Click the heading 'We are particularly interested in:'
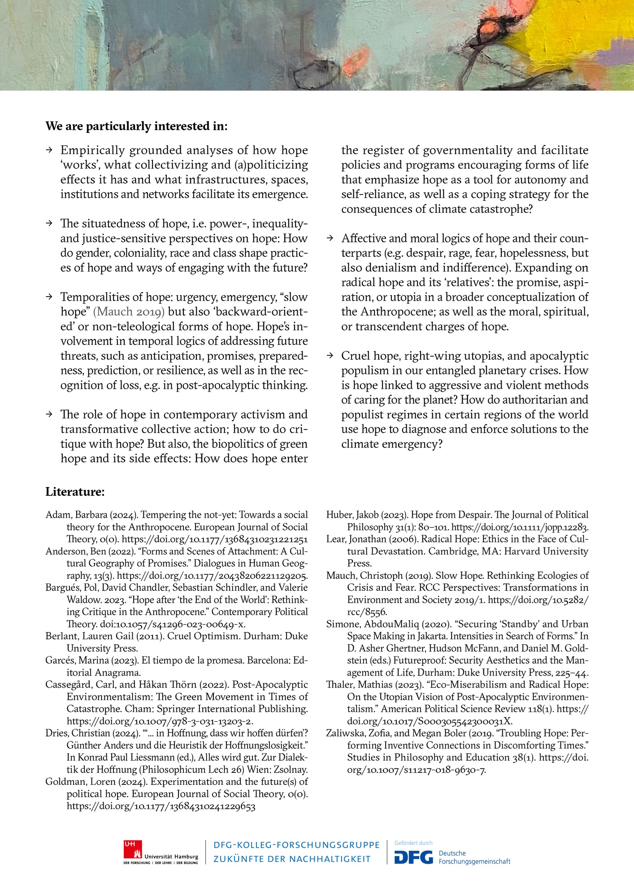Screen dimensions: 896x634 [x=136, y=126]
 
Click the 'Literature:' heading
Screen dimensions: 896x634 [x=75, y=492]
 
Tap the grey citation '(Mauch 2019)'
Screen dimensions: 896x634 [x=129, y=312]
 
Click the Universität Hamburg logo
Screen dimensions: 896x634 [x=161, y=852]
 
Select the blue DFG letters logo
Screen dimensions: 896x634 [x=413, y=857]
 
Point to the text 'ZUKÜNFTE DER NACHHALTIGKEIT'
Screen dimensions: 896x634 [x=292, y=859]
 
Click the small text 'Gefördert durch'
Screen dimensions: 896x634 [x=413, y=843]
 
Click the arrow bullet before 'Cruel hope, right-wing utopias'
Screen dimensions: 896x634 [x=330, y=356]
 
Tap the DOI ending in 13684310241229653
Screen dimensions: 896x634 [x=161, y=806]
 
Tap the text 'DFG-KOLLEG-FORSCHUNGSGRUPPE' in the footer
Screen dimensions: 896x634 [x=296, y=845]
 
